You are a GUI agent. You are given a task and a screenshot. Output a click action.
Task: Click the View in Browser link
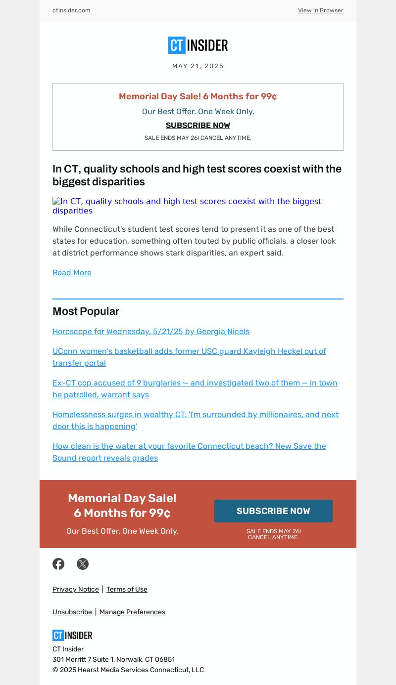point(320,10)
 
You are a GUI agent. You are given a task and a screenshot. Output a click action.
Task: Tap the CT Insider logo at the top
point(198,45)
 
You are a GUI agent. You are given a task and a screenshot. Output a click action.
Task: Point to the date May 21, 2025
point(198,66)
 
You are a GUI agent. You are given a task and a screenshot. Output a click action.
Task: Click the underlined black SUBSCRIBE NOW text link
point(198,126)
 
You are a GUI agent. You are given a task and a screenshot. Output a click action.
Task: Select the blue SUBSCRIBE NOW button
point(273,511)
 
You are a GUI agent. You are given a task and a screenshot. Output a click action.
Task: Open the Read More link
point(72,273)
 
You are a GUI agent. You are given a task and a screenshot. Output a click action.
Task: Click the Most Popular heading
point(86,311)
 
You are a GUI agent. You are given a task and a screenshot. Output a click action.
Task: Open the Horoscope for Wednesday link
point(151,332)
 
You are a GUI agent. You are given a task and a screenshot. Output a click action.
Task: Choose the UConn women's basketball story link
point(189,357)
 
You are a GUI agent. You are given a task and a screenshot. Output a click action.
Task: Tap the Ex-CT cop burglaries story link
point(195,388)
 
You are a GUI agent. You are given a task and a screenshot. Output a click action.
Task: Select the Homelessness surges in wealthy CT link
point(196,420)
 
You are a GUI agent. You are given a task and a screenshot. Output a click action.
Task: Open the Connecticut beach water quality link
point(189,452)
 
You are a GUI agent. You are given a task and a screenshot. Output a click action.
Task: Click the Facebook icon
point(58,564)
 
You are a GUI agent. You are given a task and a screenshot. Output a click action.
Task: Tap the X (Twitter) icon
point(83,564)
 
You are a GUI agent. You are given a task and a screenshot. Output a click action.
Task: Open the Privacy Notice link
point(76,589)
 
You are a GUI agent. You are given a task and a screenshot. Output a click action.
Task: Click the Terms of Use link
point(127,589)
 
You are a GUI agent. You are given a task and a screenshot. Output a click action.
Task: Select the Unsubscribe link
point(72,612)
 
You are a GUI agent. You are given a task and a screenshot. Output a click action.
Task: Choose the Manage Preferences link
point(132,612)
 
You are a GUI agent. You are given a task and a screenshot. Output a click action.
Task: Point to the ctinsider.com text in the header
point(71,10)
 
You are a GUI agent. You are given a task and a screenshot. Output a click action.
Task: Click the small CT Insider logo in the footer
point(72,635)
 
